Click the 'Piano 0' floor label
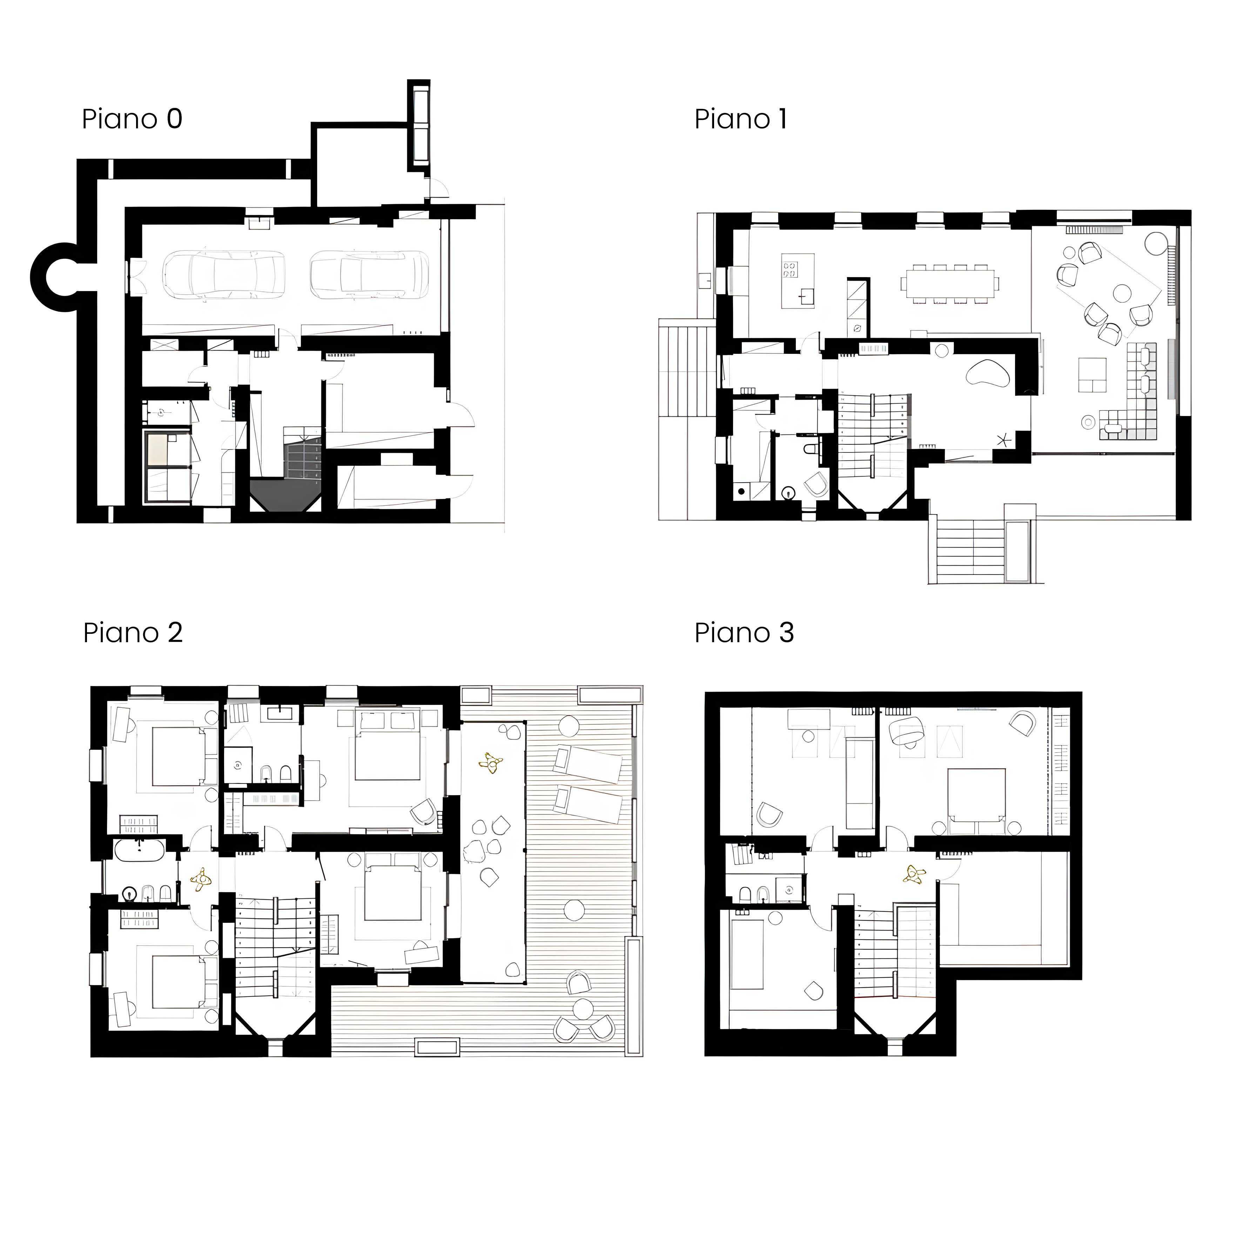(x=132, y=119)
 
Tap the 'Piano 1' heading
(x=740, y=119)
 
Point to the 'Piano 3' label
(x=744, y=633)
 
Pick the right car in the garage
(x=369, y=275)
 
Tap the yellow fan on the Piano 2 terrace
(x=491, y=762)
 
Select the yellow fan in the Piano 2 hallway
(x=201, y=880)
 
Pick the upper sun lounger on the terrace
(x=587, y=764)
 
